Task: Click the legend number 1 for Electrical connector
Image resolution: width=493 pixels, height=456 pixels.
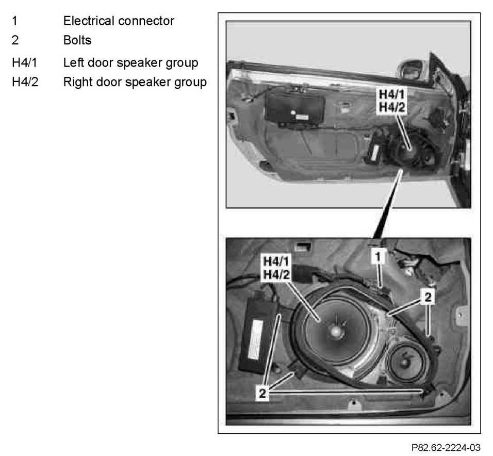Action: (x=15, y=21)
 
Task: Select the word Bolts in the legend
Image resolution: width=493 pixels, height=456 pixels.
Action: (x=77, y=40)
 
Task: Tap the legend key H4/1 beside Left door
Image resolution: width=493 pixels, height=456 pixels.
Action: (x=25, y=63)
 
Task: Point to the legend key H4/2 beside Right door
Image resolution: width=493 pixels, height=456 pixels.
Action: (x=25, y=82)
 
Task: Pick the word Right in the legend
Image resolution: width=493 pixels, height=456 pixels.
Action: (x=77, y=82)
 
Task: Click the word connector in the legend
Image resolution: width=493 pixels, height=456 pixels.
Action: (x=150, y=21)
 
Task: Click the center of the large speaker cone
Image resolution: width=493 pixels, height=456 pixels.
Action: (x=335, y=330)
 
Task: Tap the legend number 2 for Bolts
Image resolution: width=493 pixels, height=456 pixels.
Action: (x=15, y=40)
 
